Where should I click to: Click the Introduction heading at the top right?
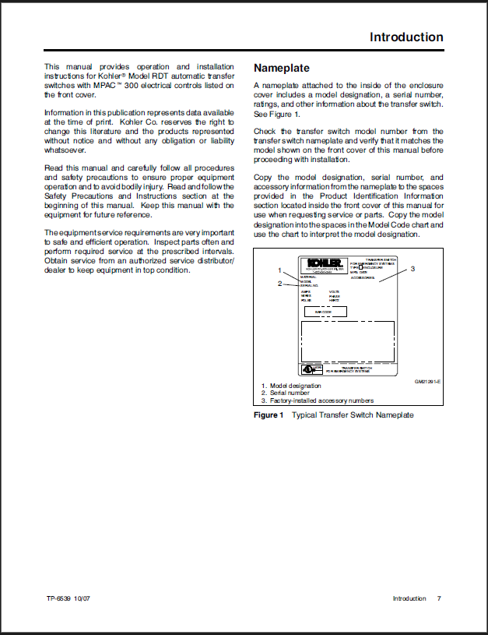[406, 37]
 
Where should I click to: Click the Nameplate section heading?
[282, 68]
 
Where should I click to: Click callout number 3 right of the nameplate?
[413, 269]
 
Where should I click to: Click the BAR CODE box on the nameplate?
[325, 312]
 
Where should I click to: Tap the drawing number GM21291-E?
[428, 381]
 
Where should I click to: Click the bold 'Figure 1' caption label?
[269, 415]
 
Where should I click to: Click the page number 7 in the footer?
[439, 598]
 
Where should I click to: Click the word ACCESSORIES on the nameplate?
[363, 277]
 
